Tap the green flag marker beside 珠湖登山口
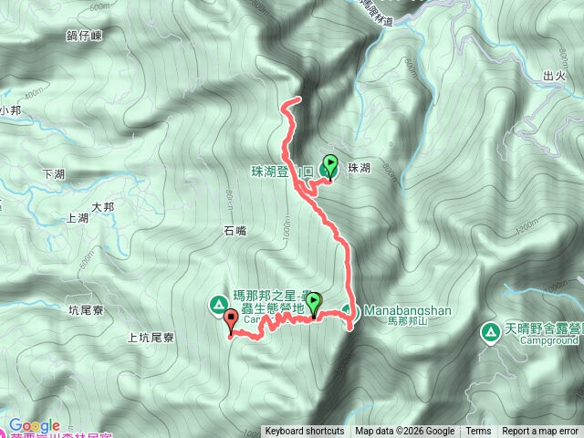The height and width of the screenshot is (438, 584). coord(328,166)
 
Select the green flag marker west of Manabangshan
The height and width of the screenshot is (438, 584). coord(314,302)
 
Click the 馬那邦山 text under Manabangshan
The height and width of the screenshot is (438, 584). coord(407,322)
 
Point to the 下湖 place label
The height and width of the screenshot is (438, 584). coord(54,172)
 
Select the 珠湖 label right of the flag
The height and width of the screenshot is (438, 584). coord(358,169)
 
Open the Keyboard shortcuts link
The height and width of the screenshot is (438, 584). coord(304,432)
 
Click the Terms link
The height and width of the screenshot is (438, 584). coord(478,432)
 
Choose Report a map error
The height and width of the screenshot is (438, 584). coord(541,432)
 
